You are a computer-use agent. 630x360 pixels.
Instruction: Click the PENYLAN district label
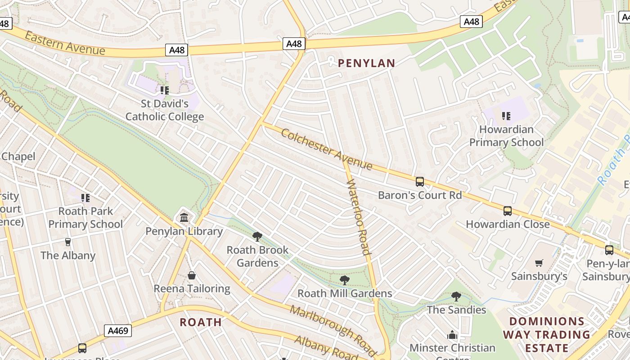coord(366,63)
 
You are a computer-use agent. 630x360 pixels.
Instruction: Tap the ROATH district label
coord(201,322)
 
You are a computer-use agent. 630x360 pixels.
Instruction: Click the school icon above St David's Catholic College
coord(165,90)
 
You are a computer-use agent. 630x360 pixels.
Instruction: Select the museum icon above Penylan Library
coord(184,218)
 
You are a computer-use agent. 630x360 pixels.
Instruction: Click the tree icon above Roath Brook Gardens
coord(257,237)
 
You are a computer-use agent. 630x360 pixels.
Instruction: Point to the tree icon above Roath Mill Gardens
coord(345,280)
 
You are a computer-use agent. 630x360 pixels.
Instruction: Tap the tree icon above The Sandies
coord(456,297)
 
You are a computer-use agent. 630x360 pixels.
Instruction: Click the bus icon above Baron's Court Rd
coord(419,182)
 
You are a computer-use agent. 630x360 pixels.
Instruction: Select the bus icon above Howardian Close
coord(507,211)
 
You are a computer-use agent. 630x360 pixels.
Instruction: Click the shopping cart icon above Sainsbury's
coord(539,263)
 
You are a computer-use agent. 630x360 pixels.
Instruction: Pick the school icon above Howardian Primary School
coord(506,116)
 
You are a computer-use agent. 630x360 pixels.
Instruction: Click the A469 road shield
coord(118,331)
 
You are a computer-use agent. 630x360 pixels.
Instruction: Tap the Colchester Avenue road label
coord(327,149)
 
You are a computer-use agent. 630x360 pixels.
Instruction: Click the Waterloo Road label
coord(359,217)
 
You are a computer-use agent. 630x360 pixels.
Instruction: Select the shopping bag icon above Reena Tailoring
coord(192,275)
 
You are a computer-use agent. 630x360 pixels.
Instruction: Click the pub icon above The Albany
coord(68,242)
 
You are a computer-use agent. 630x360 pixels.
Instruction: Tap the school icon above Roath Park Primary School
coord(85,198)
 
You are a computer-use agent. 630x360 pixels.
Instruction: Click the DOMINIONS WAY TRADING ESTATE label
coord(546,334)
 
